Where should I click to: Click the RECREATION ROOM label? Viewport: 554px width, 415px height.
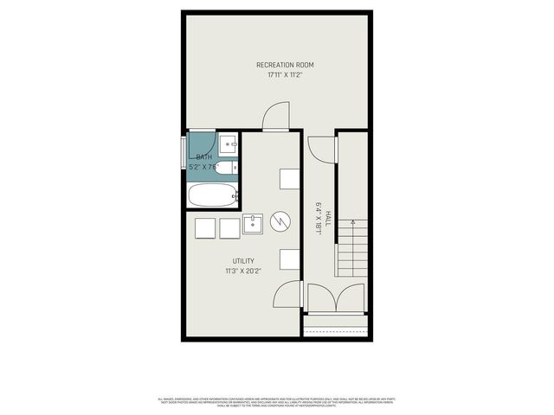[285, 65]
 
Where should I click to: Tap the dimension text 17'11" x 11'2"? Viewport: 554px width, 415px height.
[285, 75]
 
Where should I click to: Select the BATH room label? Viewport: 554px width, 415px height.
[203, 156]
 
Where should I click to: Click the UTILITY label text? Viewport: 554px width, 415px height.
[242, 260]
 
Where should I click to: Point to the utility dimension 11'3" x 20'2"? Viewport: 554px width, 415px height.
[242, 271]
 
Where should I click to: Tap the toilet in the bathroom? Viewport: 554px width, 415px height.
[225, 167]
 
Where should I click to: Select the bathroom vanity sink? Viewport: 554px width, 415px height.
[229, 144]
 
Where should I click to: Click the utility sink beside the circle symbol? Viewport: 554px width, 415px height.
[253, 225]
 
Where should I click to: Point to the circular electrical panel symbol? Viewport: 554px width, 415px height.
[280, 223]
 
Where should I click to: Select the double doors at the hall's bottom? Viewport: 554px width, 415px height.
[336, 298]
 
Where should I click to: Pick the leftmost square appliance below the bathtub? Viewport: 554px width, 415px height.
[205, 227]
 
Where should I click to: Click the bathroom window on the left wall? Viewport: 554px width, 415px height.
[183, 152]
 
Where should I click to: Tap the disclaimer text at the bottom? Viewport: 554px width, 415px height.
[277, 402]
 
